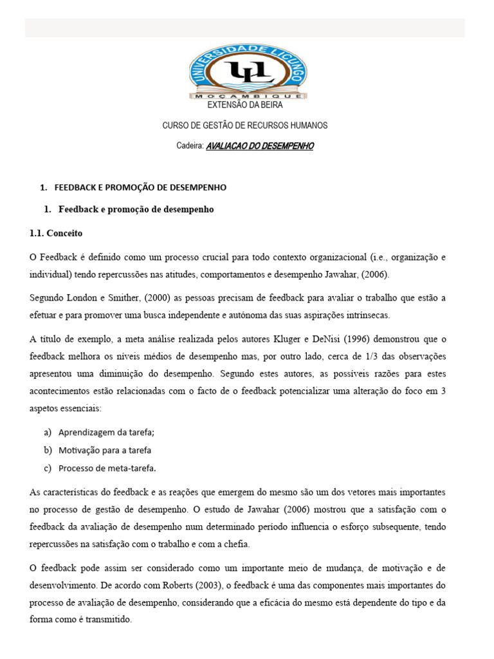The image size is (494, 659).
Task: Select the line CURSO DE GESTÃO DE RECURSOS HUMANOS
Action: coord(244,125)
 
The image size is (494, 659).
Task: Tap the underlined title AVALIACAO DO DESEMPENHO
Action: coord(259,146)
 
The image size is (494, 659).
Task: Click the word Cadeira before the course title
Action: coord(190,146)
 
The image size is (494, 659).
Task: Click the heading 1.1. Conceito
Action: coord(56,233)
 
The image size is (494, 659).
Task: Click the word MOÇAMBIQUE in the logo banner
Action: coord(248,95)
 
